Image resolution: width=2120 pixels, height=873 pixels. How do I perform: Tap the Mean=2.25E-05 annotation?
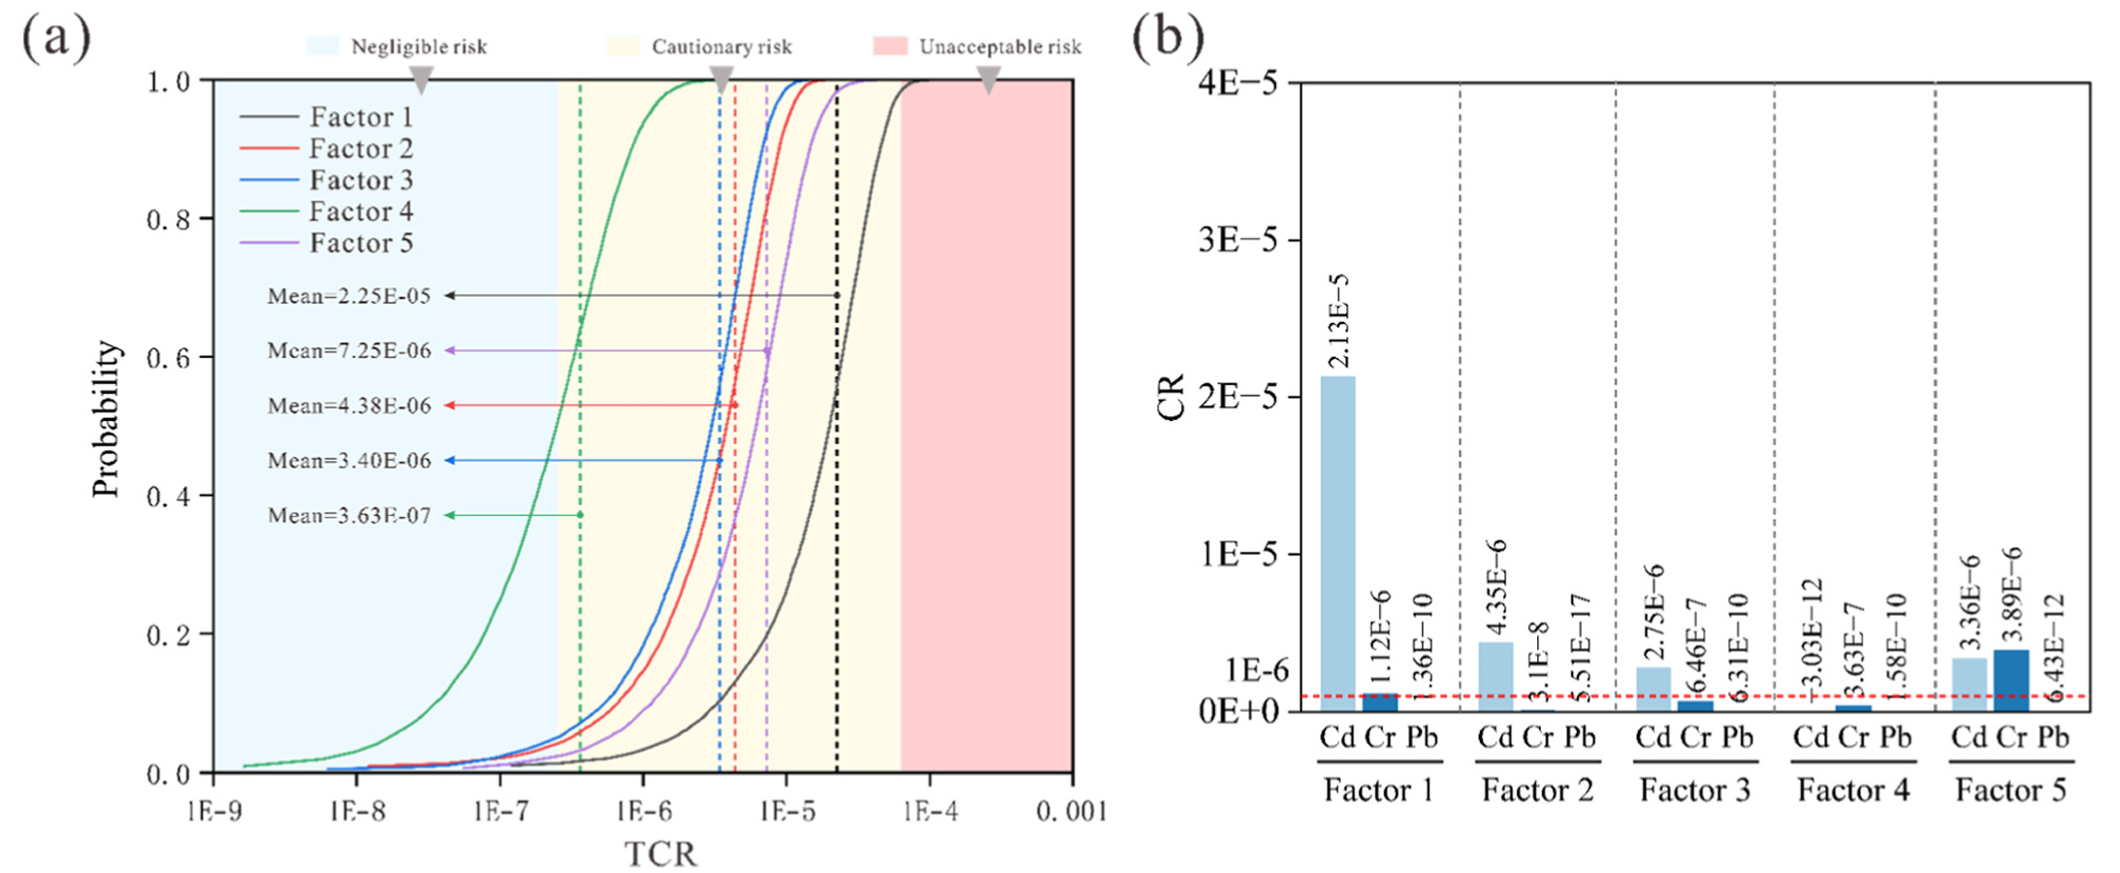(x=349, y=296)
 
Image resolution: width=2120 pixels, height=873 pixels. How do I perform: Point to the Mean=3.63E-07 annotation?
(x=349, y=515)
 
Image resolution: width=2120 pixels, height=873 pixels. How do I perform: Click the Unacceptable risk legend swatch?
(x=889, y=47)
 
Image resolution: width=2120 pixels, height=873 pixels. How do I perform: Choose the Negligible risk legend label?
(x=419, y=47)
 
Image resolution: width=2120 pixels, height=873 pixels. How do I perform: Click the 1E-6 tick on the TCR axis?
(x=643, y=811)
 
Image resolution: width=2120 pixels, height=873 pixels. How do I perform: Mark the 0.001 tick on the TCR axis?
(x=1072, y=811)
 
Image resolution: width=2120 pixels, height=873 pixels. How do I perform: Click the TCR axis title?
(x=660, y=854)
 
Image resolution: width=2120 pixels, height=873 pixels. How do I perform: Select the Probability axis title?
(x=106, y=419)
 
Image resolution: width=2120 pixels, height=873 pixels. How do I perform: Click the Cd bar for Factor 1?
(x=1338, y=543)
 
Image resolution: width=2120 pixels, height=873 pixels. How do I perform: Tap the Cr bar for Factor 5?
(x=2011, y=680)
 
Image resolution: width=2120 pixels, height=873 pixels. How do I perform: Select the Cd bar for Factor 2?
(x=1495, y=676)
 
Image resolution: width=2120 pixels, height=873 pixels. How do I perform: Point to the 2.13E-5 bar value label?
(x=1338, y=321)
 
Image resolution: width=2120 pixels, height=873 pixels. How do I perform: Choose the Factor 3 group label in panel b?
(x=1694, y=791)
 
